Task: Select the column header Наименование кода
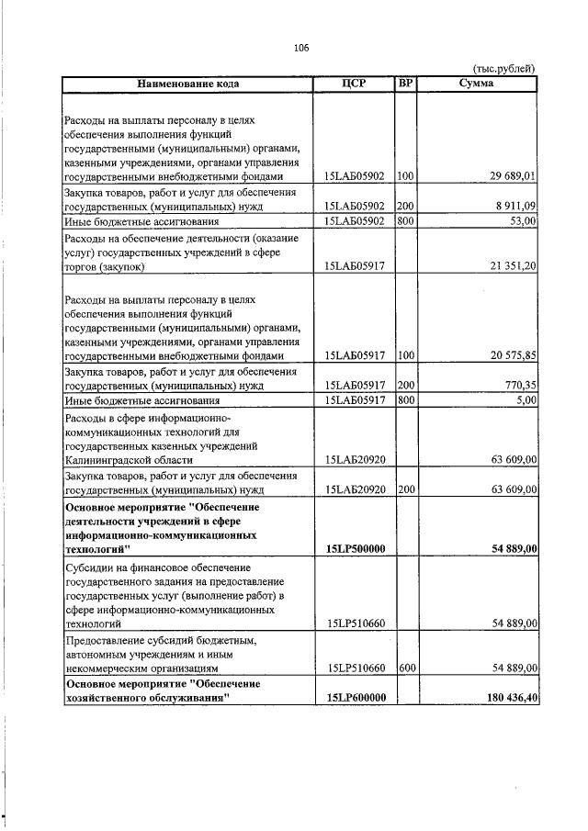tap(188, 84)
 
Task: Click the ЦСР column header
tap(354, 84)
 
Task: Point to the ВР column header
tap(406, 84)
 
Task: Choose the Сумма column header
tap(476, 84)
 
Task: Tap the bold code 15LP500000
tap(355, 548)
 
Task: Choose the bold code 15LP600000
tap(355, 699)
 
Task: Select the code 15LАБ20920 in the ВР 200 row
tap(355, 490)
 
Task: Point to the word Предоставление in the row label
tap(108, 639)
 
